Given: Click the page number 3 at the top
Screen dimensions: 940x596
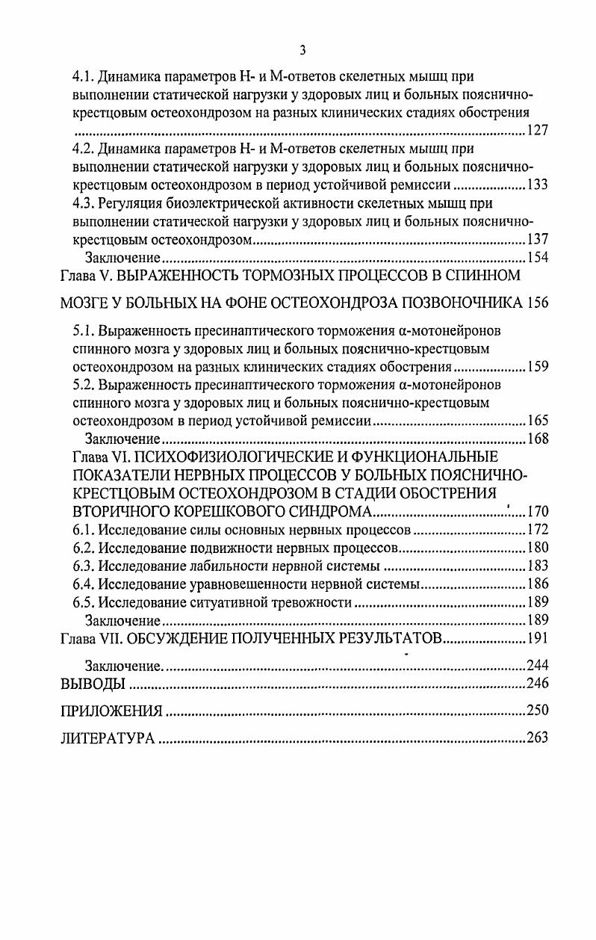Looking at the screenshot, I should point(302,51).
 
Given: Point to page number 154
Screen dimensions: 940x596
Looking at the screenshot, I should point(538,258).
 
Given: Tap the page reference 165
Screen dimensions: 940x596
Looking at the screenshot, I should point(538,420).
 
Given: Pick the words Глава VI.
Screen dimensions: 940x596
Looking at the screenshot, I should point(100,457).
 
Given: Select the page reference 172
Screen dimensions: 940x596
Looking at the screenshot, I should point(538,531).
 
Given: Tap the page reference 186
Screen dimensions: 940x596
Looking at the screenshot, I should point(538,584).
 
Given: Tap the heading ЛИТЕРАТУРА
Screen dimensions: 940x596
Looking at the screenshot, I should point(108,738).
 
